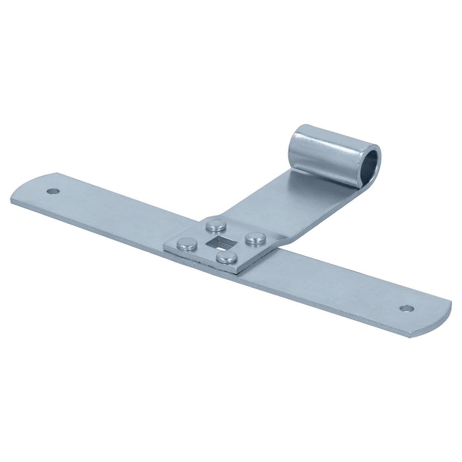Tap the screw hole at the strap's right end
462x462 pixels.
(x=406, y=308)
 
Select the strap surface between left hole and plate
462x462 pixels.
(x=115, y=216)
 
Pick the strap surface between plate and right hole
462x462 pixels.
(x=327, y=285)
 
